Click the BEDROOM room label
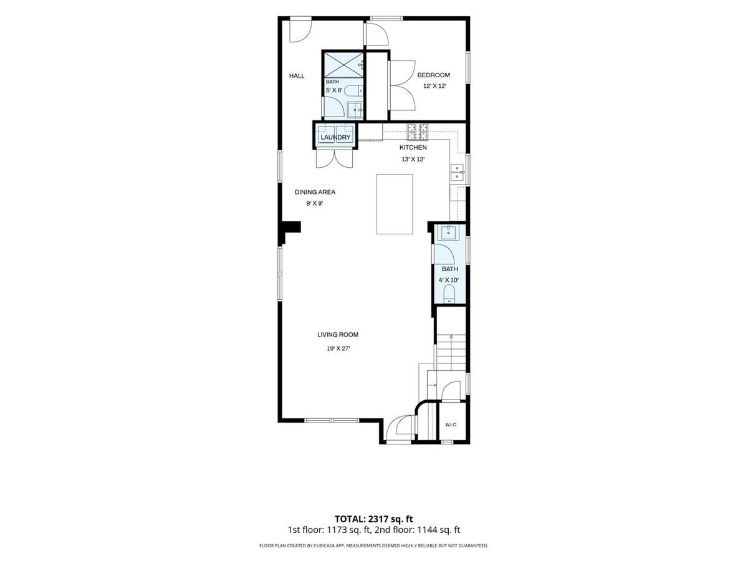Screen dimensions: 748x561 433,75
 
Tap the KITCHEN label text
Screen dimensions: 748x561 413,148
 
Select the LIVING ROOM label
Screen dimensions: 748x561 338,335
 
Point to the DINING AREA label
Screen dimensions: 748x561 315,192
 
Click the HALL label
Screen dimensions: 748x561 297,75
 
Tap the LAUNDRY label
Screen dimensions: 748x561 335,137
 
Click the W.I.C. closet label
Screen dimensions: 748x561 451,424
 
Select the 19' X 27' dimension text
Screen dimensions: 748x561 338,348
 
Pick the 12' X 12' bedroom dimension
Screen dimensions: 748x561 434,86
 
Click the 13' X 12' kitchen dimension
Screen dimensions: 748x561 413,159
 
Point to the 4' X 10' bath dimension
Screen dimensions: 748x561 448,280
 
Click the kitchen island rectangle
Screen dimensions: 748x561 395,204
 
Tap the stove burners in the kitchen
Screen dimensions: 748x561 417,132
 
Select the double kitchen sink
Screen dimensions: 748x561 458,173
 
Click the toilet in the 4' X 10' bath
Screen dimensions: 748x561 449,294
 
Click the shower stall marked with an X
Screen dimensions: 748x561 343,65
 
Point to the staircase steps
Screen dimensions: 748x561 451,353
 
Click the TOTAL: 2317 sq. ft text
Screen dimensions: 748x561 374,519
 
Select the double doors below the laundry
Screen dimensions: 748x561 334,159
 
